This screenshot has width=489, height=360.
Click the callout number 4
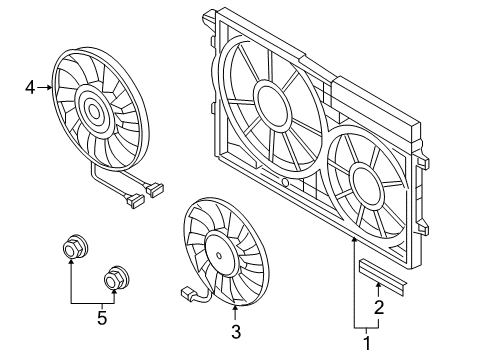[x=30, y=88]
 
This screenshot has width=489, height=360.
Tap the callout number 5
[x=102, y=317]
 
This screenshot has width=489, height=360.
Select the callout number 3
[x=236, y=332]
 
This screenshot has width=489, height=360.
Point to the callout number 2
[x=379, y=307]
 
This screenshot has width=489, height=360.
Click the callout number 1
[x=367, y=343]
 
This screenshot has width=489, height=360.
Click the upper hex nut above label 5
[x=74, y=248]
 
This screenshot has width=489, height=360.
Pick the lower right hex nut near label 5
[x=115, y=278]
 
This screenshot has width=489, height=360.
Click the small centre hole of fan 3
[x=219, y=256]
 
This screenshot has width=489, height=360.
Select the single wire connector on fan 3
[x=187, y=295]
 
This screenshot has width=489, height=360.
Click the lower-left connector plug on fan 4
[x=134, y=201]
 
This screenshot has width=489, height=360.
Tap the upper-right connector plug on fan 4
[x=155, y=189]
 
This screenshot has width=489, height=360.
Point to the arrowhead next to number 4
[x=49, y=88]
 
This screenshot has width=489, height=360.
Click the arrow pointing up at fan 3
[x=236, y=313]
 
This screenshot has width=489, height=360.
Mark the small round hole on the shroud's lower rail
[x=285, y=182]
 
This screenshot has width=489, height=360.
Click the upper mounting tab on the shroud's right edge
[x=423, y=162]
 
